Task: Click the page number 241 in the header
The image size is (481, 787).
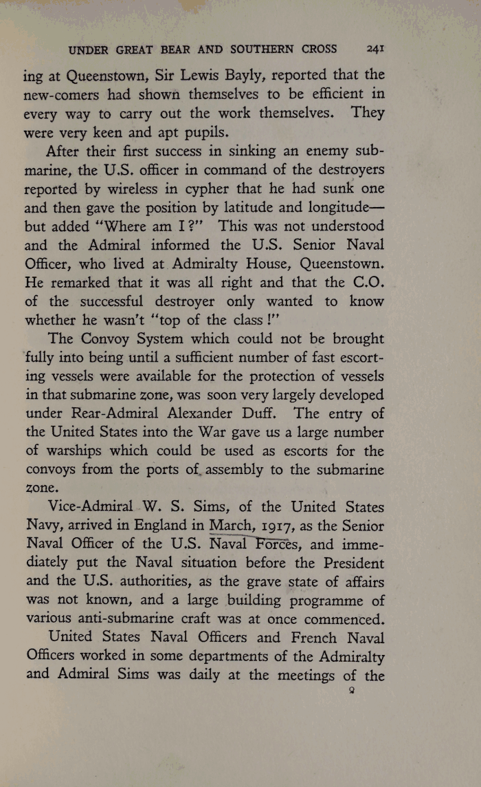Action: point(374,49)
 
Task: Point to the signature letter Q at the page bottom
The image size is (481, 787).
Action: point(351,692)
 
